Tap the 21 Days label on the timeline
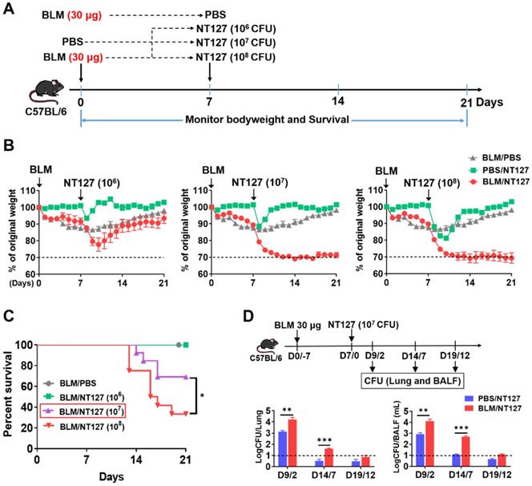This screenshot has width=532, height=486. point(481,103)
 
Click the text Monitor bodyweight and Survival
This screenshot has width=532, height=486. point(273,119)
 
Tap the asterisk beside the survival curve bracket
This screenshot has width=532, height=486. point(202,395)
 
